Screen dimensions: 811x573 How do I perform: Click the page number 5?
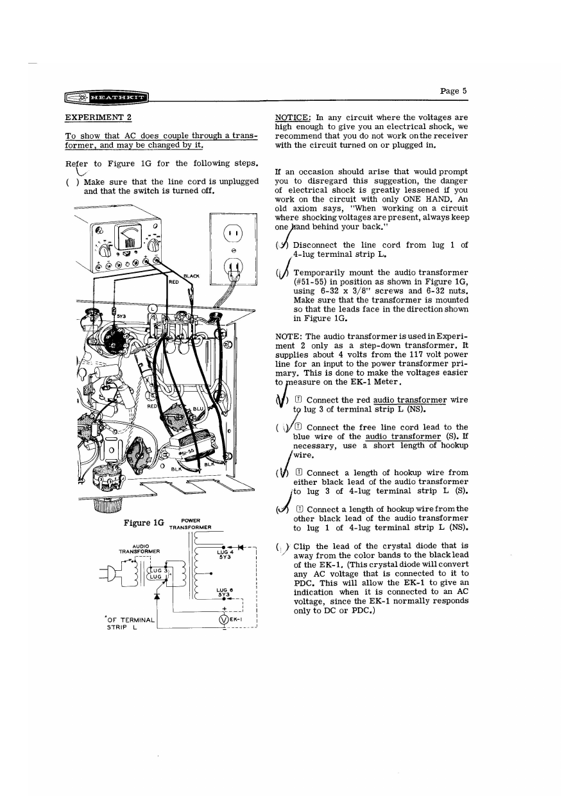click(x=453, y=91)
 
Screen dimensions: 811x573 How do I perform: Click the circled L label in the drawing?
click(x=153, y=308)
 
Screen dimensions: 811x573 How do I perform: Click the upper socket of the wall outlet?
click(x=232, y=234)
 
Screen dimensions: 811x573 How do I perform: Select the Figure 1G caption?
click(x=140, y=523)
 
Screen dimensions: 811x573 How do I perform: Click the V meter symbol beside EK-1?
click(x=224, y=620)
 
